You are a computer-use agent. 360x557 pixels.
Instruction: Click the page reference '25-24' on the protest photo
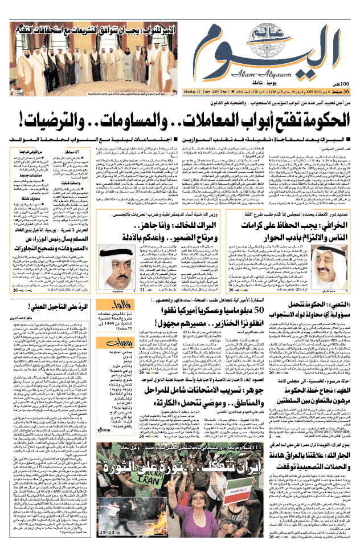click(x=106, y=532)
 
